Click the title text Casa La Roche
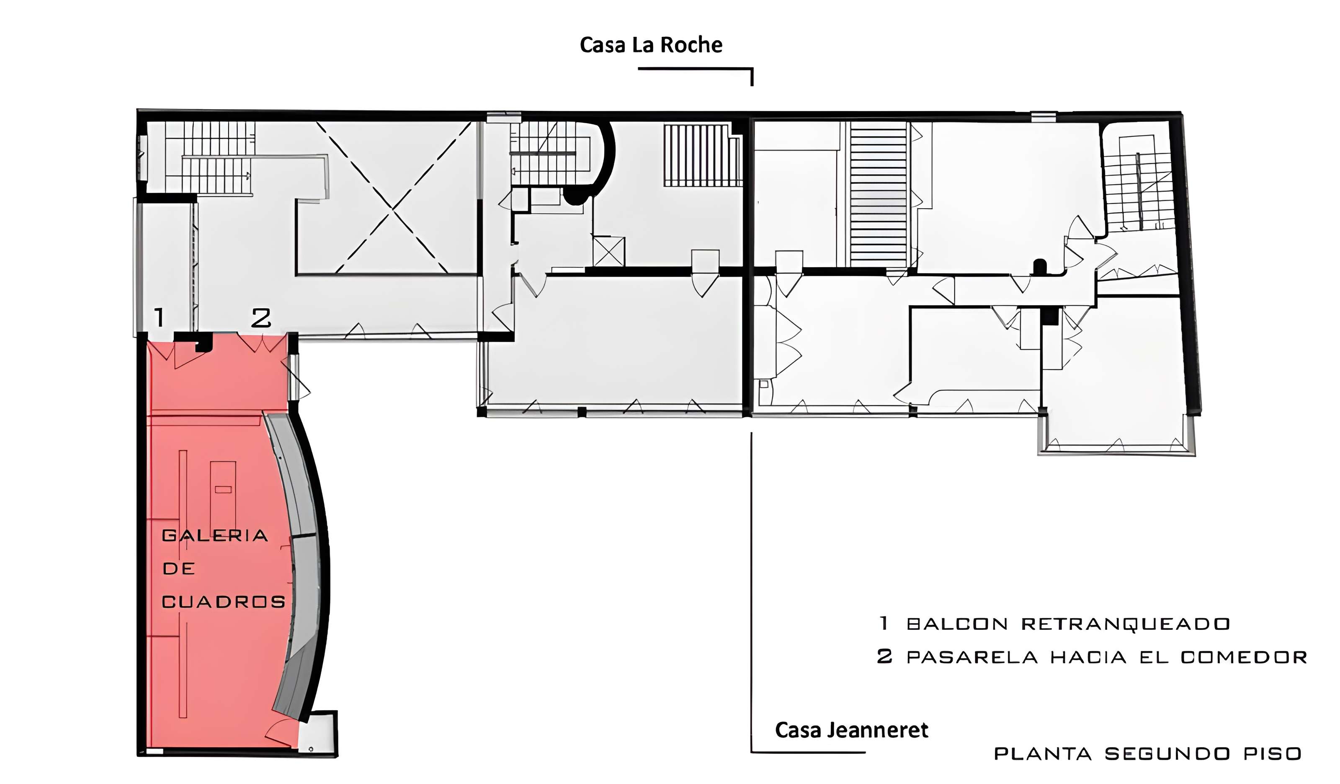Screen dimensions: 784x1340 pyautogui.click(x=651, y=45)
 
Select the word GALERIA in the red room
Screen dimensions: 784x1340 pyautogui.click(x=214, y=536)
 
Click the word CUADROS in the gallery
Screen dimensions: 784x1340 pyautogui.click(x=223, y=602)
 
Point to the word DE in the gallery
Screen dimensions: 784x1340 pyautogui.click(x=179, y=569)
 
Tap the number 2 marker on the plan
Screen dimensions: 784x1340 pyautogui.click(x=261, y=318)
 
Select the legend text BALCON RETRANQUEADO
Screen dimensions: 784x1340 pyautogui.click(x=1068, y=624)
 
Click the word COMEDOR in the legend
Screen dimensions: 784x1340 pyautogui.click(x=1244, y=658)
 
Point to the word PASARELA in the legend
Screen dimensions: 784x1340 pyautogui.click(x=972, y=658)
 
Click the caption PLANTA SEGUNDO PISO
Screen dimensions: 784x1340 pyautogui.click(x=1147, y=754)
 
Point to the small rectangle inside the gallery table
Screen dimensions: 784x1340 pyautogui.click(x=223, y=489)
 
